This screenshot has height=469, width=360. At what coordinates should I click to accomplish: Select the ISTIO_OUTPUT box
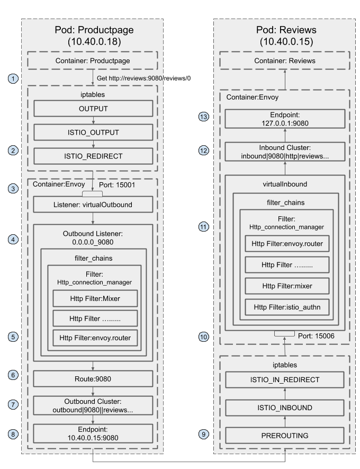[93, 132]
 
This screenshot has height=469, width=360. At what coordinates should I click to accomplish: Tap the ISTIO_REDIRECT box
[93, 155]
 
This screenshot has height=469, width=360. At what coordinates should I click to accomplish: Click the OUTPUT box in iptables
[93, 109]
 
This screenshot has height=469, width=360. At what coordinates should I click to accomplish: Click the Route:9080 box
[93, 378]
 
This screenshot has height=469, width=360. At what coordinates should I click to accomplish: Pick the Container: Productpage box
[93, 61]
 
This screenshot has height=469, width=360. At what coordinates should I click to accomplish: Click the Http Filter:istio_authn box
[286, 306]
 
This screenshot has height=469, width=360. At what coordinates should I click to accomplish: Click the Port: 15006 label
[317, 335]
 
